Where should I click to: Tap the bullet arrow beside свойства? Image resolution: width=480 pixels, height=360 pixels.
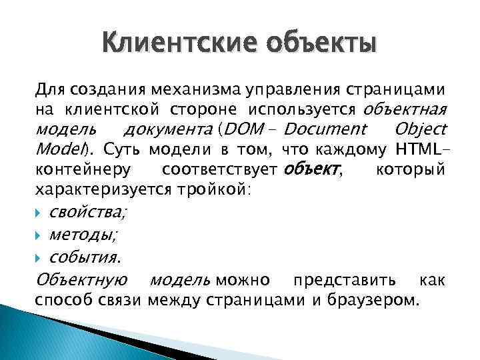point(40,213)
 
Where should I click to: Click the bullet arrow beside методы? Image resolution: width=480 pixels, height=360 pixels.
point(40,235)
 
